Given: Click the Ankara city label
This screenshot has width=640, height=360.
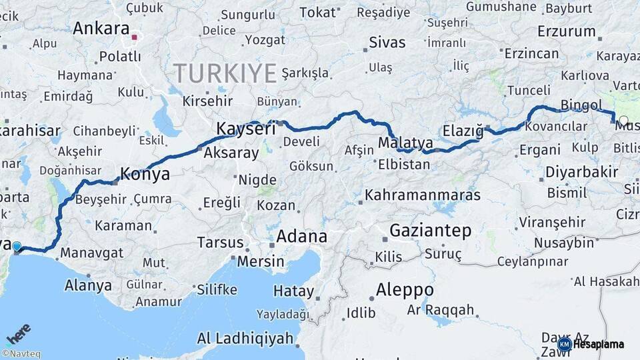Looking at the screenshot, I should pyautogui.click(x=101, y=29).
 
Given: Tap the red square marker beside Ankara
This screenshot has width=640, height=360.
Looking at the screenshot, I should pyautogui.click(x=134, y=37).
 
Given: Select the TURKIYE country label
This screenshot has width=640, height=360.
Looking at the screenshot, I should pyautogui.click(x=225, y=73).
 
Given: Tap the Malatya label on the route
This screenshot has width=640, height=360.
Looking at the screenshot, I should pyautogui.click(x=405, y=143).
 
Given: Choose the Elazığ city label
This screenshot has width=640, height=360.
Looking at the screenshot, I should pyautogui.click(x=463, y=131).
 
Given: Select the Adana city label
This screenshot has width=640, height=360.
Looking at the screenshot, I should pyautogui.click(x=301, y=237).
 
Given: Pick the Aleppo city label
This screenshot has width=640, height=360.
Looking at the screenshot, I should pyautogui.click(x=405, y=290).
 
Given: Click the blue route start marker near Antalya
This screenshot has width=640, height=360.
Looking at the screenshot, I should pyautogui.click(x=17, y=247).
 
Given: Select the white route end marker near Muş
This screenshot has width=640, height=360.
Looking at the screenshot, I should pyautogui.click(x=623, y=121).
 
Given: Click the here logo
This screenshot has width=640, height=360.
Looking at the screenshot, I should pyautogui.click(x=19, y=333).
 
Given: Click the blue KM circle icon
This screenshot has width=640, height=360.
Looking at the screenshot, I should pyautogui.click(x=564, y=344).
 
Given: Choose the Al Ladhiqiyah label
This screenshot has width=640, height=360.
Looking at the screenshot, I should pyautogui.click(x=245, y=338).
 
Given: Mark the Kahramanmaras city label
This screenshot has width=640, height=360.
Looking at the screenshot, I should pyautogui.click(x=423, y=195).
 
